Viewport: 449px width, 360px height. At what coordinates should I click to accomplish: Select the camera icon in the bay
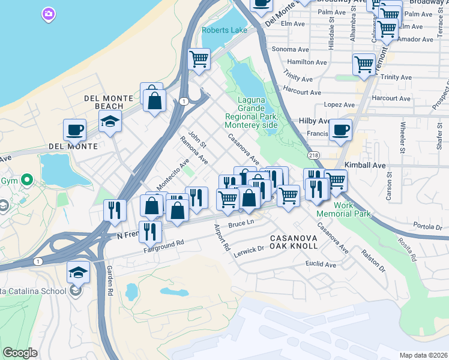pos(49,13)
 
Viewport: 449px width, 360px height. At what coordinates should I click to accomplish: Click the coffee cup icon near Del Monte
pos(75,129)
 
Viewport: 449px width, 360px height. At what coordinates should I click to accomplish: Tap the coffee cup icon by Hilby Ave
pos(340,129)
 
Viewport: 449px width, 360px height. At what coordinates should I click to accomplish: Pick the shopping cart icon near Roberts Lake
pos(198,59)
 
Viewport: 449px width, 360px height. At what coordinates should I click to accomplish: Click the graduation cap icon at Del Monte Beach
pos(110,121)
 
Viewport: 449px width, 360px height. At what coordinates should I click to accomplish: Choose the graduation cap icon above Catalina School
pos(77,272)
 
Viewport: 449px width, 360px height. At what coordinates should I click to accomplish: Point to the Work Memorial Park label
pos(352,209)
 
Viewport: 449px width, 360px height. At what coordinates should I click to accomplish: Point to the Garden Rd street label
pos(109,280)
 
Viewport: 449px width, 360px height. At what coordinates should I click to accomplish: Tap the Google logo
pos(20,352)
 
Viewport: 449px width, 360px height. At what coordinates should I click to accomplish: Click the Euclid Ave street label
pos(321,264)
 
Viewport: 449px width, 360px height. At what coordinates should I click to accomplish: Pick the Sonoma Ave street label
pos(289,49)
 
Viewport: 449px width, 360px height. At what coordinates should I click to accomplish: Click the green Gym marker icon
pos(26,179)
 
